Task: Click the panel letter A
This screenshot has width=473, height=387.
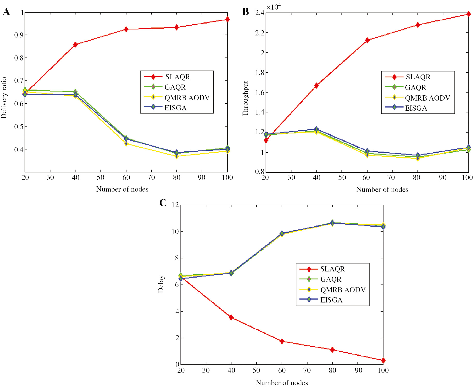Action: click(6, 12)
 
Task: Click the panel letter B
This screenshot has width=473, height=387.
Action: click(245, 12)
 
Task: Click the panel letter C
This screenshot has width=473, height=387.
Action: click(163, 203)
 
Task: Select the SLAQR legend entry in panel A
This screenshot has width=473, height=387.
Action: click(177, 77)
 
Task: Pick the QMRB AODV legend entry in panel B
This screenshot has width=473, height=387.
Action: click(427, 98)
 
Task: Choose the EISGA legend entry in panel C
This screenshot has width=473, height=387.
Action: click(331, 300)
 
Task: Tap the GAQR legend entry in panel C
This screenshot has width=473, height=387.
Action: click(331, 279)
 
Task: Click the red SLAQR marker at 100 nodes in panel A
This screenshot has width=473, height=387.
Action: click(227, 19)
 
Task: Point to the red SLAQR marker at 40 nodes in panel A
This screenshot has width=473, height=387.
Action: click(75, 44)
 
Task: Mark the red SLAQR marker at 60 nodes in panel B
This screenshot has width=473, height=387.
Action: click(367, 40)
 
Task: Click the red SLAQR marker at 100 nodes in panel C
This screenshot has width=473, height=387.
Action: click(383, 360)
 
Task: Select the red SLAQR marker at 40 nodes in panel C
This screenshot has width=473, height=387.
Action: click(231, 317)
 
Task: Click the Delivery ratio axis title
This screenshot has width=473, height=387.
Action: click(4, 98)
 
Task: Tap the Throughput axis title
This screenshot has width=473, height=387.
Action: click(245, 98)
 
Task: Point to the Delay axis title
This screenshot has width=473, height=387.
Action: click(161, 284)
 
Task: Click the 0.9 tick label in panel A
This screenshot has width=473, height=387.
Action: click(19, 35)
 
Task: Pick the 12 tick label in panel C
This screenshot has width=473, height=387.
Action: click(175, 205)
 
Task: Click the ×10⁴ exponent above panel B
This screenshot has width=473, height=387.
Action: click(274, 7)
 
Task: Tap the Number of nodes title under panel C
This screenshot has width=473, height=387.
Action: click(282, 383)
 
